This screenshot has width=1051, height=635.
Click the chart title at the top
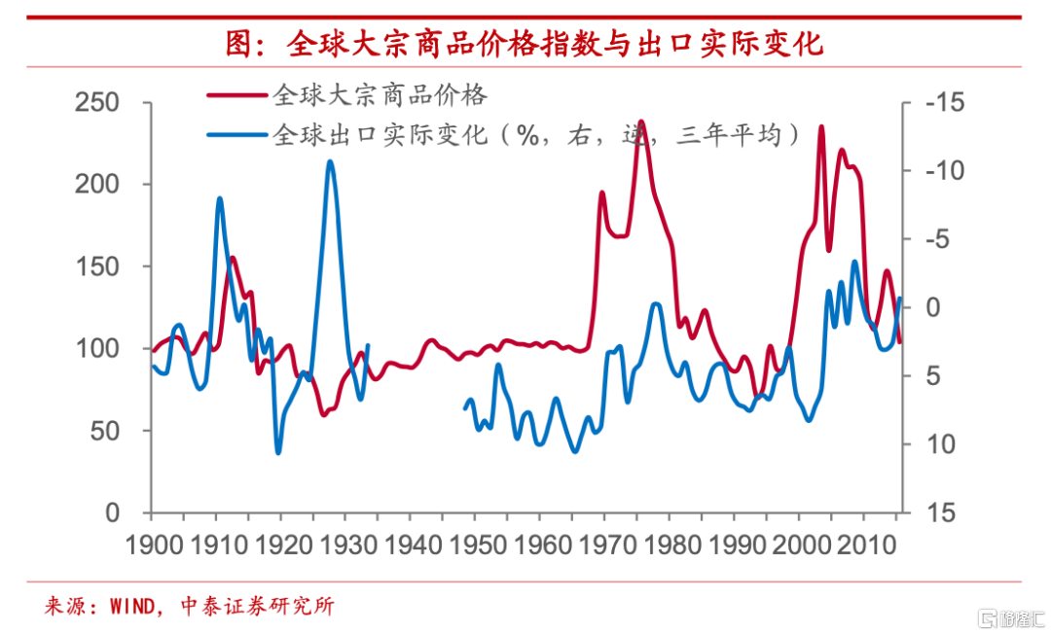525,44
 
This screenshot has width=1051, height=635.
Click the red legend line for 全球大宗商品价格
237,95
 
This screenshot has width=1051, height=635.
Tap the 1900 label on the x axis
154,545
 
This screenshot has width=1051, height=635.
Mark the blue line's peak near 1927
330,161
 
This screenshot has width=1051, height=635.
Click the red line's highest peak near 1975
641,122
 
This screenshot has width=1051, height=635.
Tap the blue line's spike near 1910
220,198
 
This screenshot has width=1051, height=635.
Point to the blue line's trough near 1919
278,452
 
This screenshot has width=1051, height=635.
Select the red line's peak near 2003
821,126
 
